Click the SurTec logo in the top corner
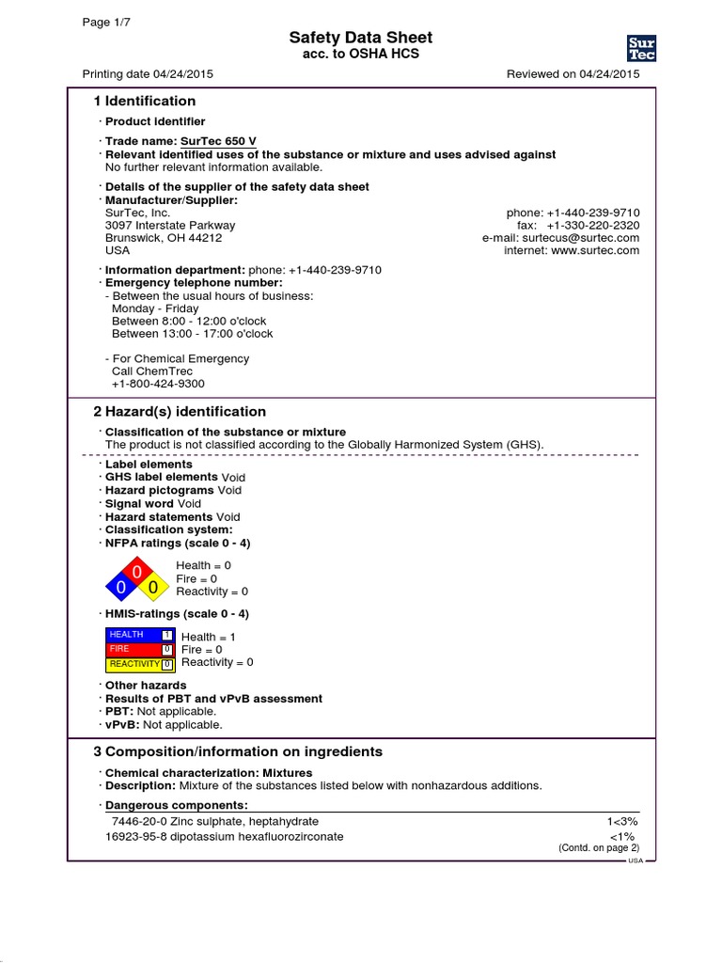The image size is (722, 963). coord(641,48)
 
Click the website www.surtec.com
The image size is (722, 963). coord(595,251)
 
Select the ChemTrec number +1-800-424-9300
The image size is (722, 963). coord(158,384)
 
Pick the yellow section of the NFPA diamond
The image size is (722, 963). coord(152,588)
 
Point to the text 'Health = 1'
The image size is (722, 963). coord(209,637)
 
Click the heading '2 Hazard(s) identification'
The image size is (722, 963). coord(180,412)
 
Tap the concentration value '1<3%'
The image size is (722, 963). coord(622,822)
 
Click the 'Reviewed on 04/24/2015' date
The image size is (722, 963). coord(573,74)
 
